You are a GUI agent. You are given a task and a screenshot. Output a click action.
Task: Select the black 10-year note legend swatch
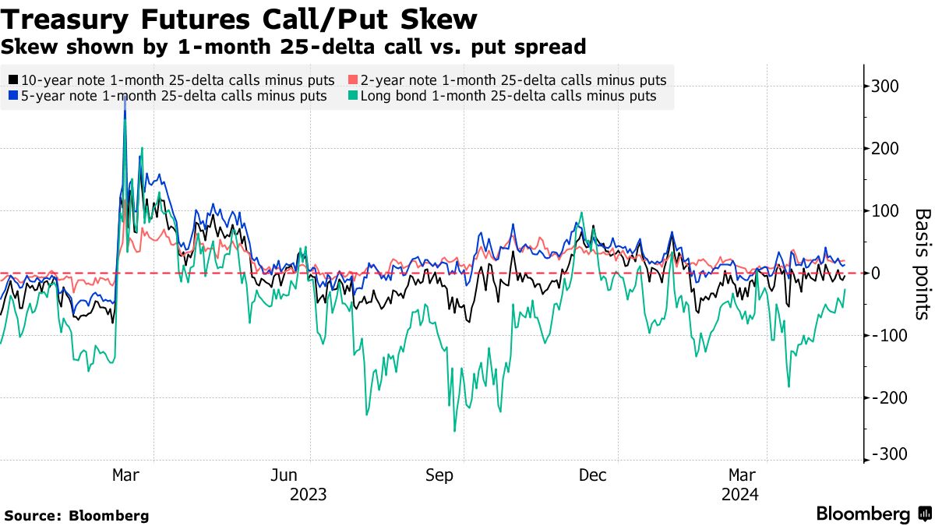[13, 80]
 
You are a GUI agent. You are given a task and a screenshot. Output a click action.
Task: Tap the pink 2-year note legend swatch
[353, 80]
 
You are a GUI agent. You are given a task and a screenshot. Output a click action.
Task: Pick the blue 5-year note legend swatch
[13, 97]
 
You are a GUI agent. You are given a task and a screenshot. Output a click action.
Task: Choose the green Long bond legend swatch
[353, 97]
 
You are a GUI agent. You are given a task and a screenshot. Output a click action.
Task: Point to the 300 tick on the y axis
[885, 86]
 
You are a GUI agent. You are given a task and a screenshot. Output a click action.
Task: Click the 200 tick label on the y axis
[885, 148]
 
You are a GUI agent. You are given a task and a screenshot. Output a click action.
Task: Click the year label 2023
[308, 494]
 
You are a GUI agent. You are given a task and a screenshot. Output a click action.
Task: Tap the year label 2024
[740, 494]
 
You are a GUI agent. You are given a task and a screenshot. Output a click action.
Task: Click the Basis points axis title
[922, 263]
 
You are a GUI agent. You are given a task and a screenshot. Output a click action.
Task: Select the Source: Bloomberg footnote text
[76, 516]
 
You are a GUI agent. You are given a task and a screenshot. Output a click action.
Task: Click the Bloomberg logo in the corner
[873, 514]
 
